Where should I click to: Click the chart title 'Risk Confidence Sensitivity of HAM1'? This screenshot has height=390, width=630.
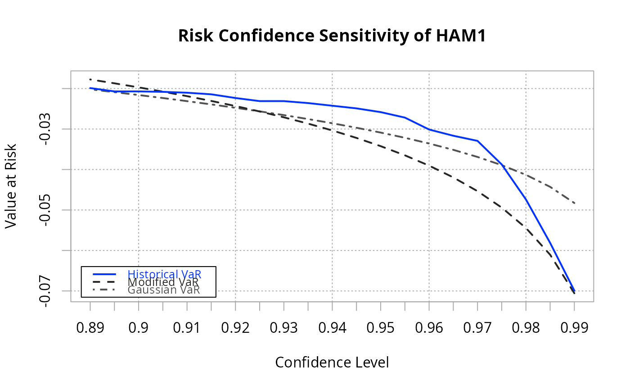coord(332,36)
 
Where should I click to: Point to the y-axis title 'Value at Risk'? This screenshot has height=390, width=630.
coord(11,186)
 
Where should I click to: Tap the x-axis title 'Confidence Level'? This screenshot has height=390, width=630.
coord(332,363)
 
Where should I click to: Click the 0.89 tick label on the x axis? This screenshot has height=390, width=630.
coord(90,328)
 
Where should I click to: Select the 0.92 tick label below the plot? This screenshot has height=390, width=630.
coord(235,328)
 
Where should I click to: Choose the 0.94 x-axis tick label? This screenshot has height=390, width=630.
coord(332,328)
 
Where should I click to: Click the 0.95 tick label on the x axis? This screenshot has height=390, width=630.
coord(381,328)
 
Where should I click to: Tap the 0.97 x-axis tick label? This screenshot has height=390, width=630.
coord(477,328)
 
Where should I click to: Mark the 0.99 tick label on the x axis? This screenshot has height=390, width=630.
coord(574,328)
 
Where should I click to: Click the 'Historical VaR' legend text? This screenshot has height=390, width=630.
coord(164,274)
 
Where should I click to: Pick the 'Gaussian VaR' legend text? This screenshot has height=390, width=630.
coord(164,290)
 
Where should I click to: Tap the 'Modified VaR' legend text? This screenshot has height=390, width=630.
coord(163,282)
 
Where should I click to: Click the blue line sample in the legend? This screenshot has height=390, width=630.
coord(104,274)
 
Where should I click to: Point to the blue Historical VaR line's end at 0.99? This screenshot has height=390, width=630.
coord(574,290)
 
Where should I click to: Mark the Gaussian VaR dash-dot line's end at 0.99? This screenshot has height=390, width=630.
coord(574,203)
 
